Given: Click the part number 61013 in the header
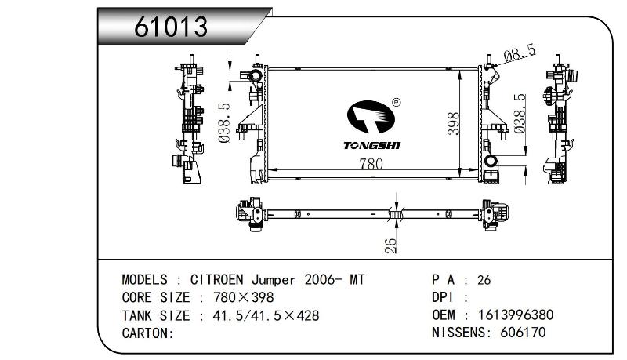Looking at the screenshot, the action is (171, 27).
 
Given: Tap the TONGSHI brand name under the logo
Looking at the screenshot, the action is (371, 146).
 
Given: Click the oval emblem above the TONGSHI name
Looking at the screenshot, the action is (371, 117).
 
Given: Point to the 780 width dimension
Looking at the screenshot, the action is (371, 164).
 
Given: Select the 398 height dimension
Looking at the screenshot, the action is (454, 124).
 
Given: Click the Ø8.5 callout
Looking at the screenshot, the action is (520, 53).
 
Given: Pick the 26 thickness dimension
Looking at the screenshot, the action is (390, 245).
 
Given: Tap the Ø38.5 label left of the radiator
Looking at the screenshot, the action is (225, 123).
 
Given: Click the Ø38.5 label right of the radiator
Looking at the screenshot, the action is (520, 114).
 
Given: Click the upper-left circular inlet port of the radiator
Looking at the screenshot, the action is (255, 75).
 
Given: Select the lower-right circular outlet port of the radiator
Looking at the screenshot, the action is (491, 162).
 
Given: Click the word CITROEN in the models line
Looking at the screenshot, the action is (216, 279).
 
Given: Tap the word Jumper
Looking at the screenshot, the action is (274, 279).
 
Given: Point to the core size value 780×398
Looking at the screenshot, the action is (244, 297).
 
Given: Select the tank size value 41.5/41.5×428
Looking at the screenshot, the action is (266, 315).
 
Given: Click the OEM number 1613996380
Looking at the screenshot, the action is (516, 315).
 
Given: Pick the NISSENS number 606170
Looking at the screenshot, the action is (523, 333).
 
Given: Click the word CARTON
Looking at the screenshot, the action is (146, 333).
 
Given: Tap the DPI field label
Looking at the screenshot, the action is (443, 297).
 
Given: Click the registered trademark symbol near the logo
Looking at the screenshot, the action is (397, 103).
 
